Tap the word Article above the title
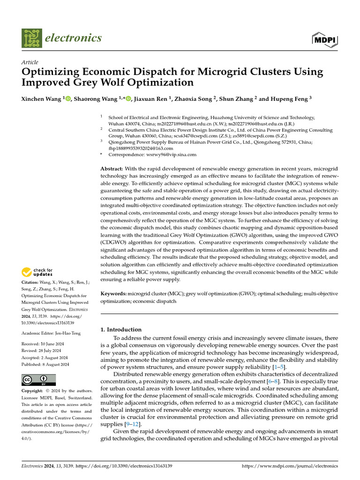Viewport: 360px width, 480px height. click(30, 62)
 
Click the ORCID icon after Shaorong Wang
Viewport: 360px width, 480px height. click(128, 99)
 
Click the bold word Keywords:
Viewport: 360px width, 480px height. click(114, 293)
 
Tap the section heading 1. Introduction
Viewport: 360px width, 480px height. click(121, 330)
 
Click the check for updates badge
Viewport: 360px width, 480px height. click(37, 272)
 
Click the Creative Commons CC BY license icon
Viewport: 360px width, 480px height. click(38, 380)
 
